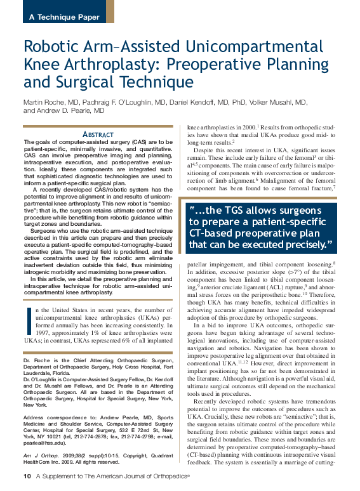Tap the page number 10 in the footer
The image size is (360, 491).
[27, 476]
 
